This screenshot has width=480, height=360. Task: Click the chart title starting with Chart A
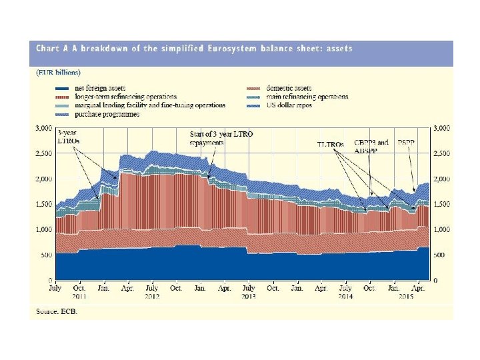(x=194, y=48)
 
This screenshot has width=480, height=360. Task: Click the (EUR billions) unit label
(x=58, y=72)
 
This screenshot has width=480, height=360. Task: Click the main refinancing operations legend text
(x=307, y=97)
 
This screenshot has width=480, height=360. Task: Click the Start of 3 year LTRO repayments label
(x=221, y=138)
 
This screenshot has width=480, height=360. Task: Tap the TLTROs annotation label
(x=331, y=144)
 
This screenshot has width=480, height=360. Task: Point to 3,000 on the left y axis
(x=43, y=127)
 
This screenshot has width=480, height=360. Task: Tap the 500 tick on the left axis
(x=47, y=255)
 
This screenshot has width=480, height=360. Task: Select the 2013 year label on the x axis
(x=248, y=295)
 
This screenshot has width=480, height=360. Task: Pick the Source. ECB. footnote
(x=56, y=312)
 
